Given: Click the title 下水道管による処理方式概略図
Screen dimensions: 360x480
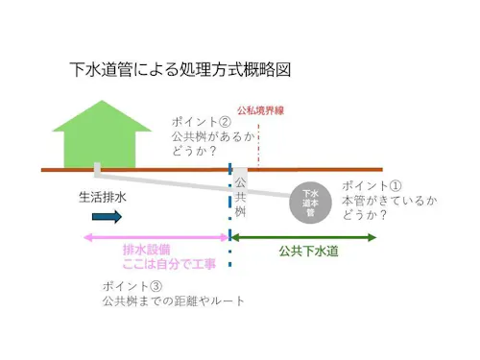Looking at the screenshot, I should point(180,71).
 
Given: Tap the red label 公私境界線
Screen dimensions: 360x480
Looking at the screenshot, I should point(260,110).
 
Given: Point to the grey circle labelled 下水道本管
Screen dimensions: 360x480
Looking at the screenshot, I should point(310,203).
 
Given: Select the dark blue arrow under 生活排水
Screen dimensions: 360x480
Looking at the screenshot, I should point(106,218).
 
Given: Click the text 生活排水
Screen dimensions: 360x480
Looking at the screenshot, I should point(103,198).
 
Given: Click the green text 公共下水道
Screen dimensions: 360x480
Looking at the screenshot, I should point(309,252).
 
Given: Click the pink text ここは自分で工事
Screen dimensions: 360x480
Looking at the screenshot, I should point(168,263).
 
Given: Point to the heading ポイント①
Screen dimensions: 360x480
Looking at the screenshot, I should point(372,186).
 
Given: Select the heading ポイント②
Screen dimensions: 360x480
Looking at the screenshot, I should point(202,123).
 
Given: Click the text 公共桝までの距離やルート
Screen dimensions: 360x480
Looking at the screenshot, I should point(174,301).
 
